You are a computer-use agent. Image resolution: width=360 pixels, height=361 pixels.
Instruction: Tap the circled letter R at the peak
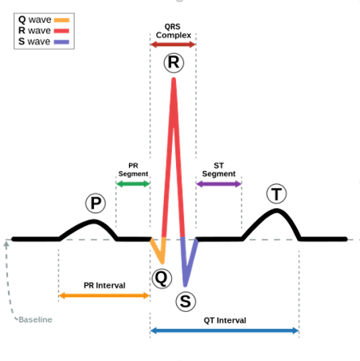click(x=173, y=63)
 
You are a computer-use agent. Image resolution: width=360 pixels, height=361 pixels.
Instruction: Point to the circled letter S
click(x=185, y=301)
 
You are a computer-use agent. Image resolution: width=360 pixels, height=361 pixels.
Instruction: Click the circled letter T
click(x=276, y=195)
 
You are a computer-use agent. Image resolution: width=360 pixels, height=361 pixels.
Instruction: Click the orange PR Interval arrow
click(x=103, y=295)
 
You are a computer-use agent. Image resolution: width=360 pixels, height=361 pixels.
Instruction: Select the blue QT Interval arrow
click(x=224, y=330)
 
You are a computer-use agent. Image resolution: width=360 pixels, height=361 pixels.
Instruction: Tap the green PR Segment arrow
click(x=133, y=183)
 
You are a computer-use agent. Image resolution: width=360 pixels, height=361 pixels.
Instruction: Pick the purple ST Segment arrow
click(x=219, y=183)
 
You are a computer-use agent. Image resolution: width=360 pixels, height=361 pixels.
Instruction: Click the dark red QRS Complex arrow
click(x=173, y=44)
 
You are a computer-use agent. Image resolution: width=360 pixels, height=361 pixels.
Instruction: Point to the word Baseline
click(x=36, y=320)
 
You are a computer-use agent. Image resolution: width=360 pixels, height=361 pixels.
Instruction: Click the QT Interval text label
click(x=225, y=320)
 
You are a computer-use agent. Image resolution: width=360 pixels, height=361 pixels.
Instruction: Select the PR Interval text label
click(x=104, y=285)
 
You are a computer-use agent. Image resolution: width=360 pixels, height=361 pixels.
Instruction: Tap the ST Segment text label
click(x=219, y=169)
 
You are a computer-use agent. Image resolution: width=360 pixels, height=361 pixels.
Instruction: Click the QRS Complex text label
click(x=173, y=30)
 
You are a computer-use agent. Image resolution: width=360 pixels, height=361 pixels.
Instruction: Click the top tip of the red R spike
click(x=174, y=79)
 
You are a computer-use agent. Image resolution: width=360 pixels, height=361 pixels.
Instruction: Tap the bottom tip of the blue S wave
click(x=185, y=285)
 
